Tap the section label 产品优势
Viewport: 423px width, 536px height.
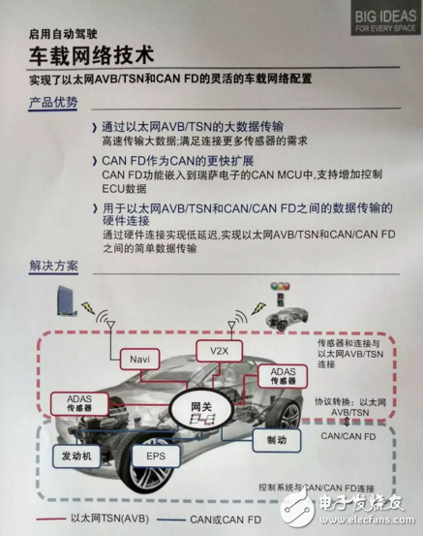point(52,102)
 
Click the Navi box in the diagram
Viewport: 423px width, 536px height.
point(140,360)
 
